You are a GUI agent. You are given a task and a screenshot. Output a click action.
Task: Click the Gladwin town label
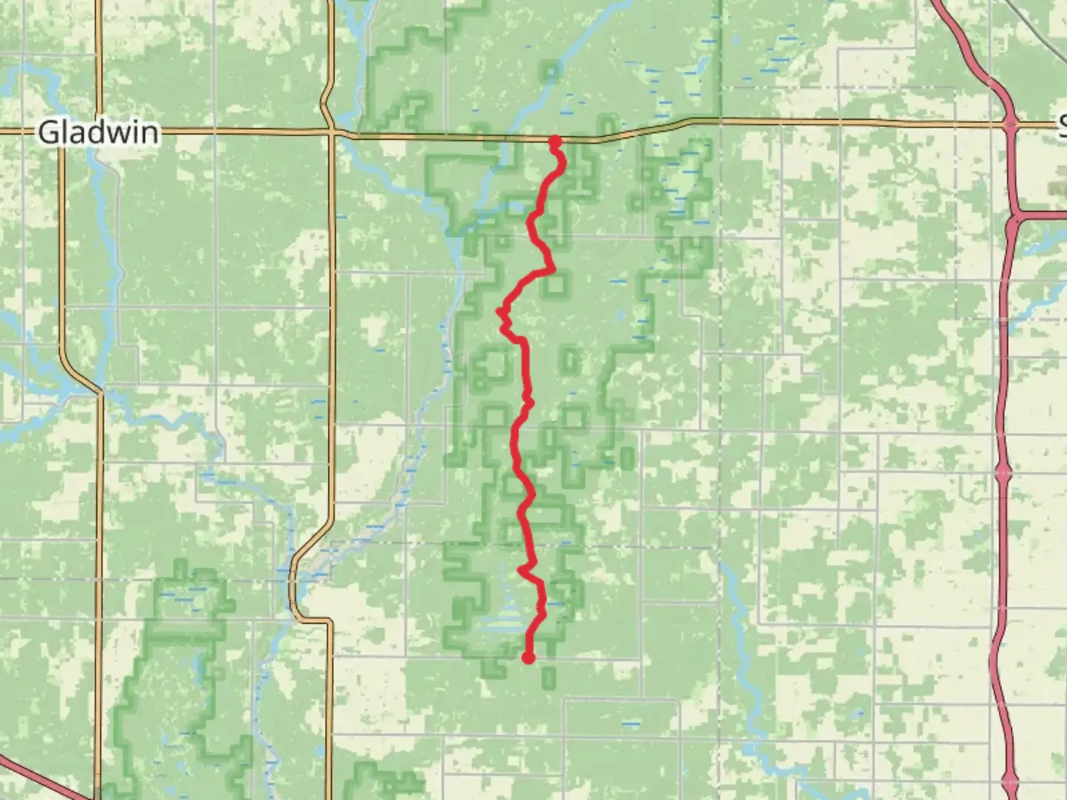pyautogui.click(x=98, y=133)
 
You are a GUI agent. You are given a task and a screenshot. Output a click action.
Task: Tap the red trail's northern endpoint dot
pyautogui.click(x=554, y=141)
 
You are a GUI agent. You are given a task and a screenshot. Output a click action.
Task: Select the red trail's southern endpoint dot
pyautogui.click(x=528, y=657)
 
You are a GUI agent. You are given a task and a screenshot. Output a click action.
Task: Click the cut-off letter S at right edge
pyautogui.click(x=1062, y=126)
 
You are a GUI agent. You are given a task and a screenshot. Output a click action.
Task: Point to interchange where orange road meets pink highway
pyautogui.click(x=1010, y=124)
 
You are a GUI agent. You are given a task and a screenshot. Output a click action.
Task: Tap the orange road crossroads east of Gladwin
pyautogui.click(x=333, y=133)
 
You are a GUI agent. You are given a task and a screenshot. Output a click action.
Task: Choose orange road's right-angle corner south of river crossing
pyautogui.click(x=327, y=621)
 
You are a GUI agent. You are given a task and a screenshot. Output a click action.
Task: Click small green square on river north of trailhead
pyautogui.click(x=551, y=71)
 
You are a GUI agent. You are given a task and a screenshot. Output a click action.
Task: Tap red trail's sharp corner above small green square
pyautogui.click(x=551, y=270)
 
